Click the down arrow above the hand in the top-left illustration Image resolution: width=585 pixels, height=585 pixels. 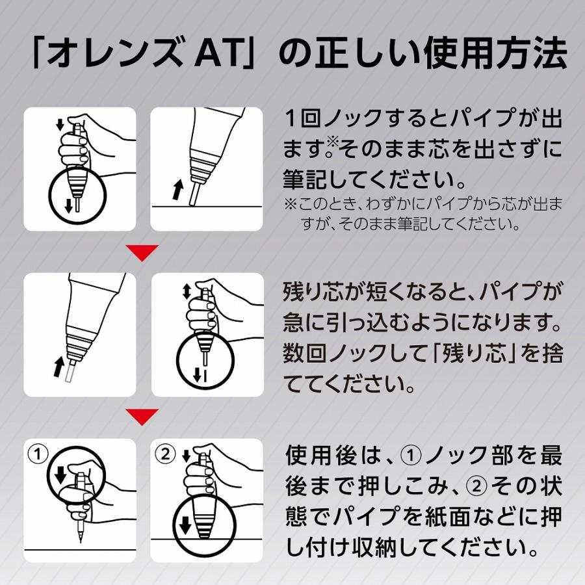(x=60, y=124)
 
